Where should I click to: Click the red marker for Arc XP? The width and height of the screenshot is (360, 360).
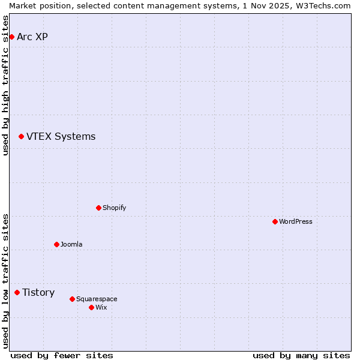point(11,37)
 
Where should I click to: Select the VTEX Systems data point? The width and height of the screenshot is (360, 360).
point(21,137)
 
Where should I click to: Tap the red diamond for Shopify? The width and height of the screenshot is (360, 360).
point(98,208)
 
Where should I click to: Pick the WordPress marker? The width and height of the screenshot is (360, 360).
point(275,222)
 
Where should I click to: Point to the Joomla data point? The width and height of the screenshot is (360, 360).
point(56,245)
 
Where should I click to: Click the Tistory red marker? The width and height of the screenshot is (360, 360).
point(17,293)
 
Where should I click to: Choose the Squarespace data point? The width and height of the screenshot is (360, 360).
point(72,299)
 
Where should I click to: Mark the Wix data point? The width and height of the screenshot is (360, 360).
point(91,308)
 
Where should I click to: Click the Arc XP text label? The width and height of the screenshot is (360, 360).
point(32,37)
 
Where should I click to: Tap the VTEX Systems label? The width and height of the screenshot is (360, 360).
point(61,137)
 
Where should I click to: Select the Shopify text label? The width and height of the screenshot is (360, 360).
point(114,208)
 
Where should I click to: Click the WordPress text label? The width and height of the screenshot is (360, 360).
point(295,222)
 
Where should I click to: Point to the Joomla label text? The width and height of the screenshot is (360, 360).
point(71,245)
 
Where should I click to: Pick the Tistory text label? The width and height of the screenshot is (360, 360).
point(38,293)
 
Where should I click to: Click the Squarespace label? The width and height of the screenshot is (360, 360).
point(97,299)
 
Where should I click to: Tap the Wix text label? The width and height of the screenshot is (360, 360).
point(101,308)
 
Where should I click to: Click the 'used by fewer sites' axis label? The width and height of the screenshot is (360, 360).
point(62,356)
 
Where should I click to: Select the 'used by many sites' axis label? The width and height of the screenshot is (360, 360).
point(301,356)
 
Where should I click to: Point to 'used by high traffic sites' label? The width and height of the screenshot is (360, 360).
point(6,85)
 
